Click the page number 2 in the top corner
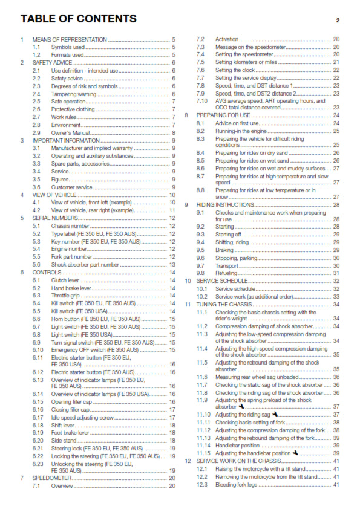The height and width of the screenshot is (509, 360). click(338, 20)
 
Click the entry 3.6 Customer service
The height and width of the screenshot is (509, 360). click(71, 187)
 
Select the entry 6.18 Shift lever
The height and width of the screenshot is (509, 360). click(64, 426)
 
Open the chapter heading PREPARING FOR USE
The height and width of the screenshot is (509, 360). click(223, 115)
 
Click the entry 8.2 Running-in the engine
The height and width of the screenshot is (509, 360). click(247, 131)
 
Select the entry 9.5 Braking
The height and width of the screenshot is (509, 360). click(226, 250)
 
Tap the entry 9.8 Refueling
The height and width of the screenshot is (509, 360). click(228, 273)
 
